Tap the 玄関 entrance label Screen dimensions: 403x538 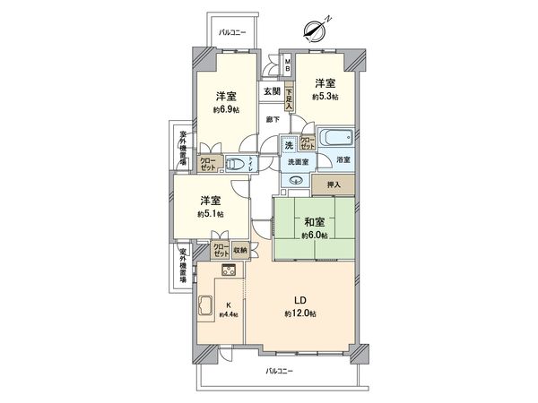click(x=271, y=90)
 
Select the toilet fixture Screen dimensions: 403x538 click(x=235, y=163)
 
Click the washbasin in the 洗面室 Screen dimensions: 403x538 click(x=296, y=178)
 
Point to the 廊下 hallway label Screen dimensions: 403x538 click(x=271, y=119)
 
